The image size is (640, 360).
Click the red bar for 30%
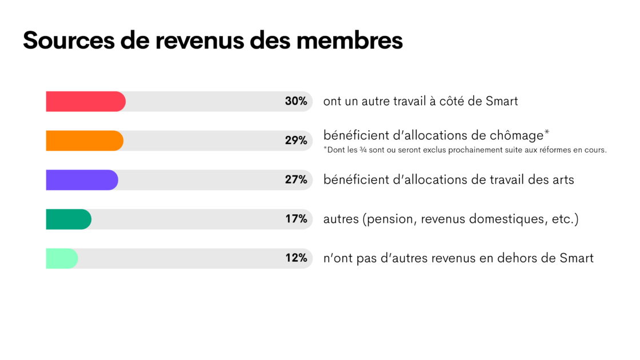click(x=85, y=101)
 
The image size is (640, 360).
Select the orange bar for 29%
click(x=84, y=141)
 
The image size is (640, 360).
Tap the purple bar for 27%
click(x=81, y=180)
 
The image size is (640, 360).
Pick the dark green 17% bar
click(x=68, y=219)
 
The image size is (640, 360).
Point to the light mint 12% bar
click(x=61, y=258)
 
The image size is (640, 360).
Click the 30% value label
click(x=296, y=101)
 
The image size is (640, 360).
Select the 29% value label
click(x=296, y=141)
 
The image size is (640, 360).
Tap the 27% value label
click(x=296, y=180)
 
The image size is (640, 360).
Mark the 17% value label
click(x=296, y=219)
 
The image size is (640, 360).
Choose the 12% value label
click(x=296, y=258)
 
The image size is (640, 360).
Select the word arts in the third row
click(x=562, y=180)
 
